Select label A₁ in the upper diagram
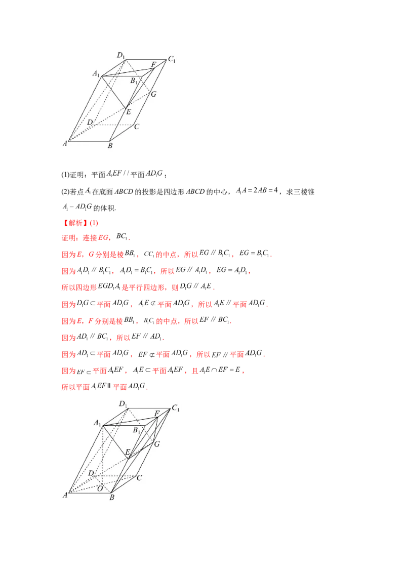pos(96,74)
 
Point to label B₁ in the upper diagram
pos(134,81)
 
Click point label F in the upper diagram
pos(154,64)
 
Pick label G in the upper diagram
pos(153,94)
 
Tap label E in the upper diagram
pos(129,112)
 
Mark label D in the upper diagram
pos(89,122)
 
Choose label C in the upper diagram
pos(137,127)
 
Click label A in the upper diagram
pos(65,144)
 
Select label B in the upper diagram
pos(110,146)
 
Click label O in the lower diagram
pos(100,488)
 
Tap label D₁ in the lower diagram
pos(123,403)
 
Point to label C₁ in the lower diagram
pos(176,408)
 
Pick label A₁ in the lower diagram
pos(97,423)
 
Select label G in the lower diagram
pos(157,444)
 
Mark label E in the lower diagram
pos(128,451)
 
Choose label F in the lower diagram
pos(157,414)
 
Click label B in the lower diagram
pos(112,497)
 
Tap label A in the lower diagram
pos(65,495)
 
